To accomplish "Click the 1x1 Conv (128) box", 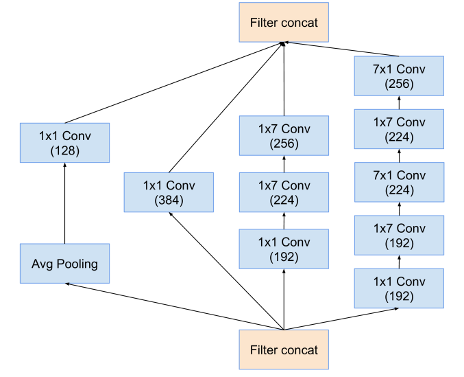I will tap(64, 143).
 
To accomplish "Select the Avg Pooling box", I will tap(64, 264).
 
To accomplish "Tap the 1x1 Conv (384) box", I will tap(169, 192).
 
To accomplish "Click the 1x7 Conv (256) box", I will tap(284, 136).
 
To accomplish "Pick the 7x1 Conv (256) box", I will tap(399, 76).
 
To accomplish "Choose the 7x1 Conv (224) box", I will tap(399, 182).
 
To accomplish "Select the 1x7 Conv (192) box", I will tap(399, 236).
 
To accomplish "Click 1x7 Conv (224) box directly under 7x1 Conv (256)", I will tap(399, 129).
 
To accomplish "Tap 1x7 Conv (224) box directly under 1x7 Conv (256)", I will tap(284, 192).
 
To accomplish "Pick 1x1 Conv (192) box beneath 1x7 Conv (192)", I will tap(399, 288).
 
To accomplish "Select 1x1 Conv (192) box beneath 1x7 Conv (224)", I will tap(284, 249).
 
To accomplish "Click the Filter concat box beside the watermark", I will tap(284, 350).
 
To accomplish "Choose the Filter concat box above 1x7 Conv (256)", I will tap(284, 22).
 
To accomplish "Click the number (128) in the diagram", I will tap(64, 150).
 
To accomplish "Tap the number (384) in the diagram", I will tap(169, 201).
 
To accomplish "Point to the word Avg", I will tap(42, 264).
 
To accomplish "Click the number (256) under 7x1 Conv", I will tap(399, 84).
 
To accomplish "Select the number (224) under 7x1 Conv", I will tap(399, 190).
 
